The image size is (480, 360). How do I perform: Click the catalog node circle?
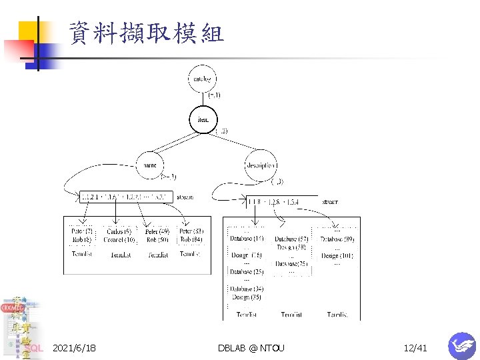(202, 79)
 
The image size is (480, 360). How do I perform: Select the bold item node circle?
(203, 119)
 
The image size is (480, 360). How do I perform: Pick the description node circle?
(260, 165)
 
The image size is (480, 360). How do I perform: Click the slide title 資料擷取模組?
(146, 33)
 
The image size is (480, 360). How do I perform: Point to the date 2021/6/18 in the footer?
(74, 348)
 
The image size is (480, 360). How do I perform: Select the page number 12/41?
(415, 348)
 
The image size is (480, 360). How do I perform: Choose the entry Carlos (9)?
(120, 231)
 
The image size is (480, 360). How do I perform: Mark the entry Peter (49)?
(157, 231)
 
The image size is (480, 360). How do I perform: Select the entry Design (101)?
(337, 255)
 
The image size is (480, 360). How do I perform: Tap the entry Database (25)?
(247, 272)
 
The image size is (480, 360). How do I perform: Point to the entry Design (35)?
(247, 297)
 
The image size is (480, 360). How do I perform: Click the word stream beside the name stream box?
(186, 197)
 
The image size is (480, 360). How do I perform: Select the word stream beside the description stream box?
(329, 201)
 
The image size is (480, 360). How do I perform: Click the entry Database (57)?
(291, 239)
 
